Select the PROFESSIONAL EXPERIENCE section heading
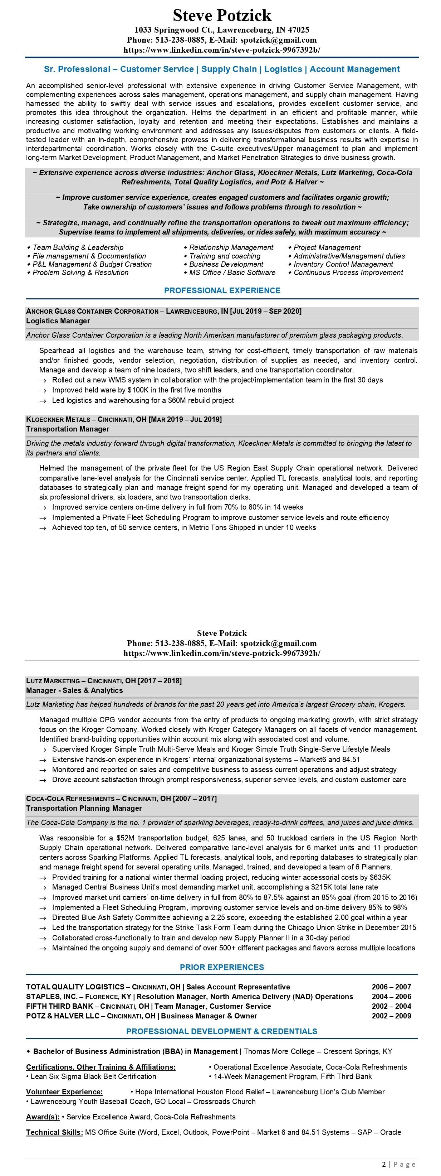(x=222, y=290)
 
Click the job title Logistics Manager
(x=58, y=321)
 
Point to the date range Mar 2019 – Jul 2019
(x=185, y=419)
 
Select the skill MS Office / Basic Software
(x=232, y=273)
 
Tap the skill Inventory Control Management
(x=343, y=264)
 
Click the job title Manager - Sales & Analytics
(x=74, y=690)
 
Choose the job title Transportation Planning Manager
(x=84, y=808)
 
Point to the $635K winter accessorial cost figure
(x=380, y=877)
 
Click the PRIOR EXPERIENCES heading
(x=222, y=967)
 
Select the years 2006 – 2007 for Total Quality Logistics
(x=391, y=987)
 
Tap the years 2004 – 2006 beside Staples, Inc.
(x=391, y=996)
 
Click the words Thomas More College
(x=279, y=1051)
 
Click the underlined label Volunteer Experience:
(x=64, y=1091)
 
